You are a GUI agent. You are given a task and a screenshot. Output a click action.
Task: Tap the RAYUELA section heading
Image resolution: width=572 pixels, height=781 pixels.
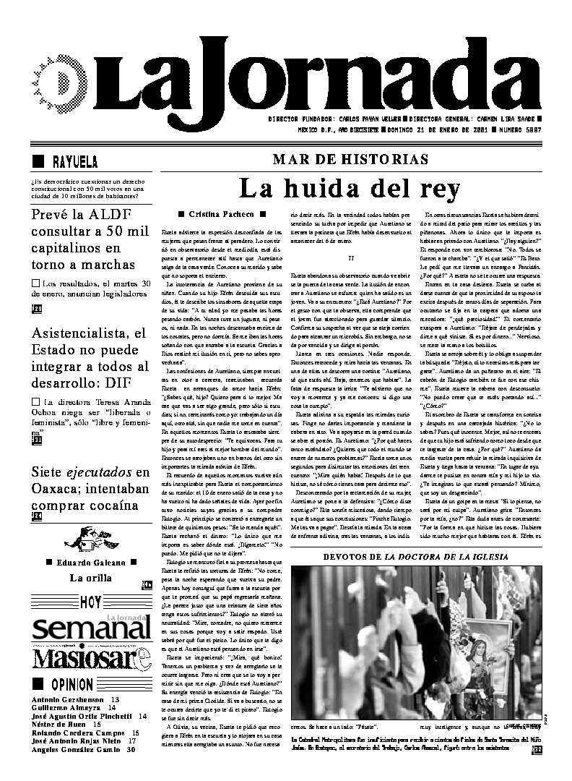74,161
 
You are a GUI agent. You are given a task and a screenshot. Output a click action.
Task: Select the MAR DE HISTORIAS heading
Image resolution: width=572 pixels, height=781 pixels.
350,160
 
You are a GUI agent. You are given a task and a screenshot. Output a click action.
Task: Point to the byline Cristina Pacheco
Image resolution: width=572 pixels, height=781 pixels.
221,214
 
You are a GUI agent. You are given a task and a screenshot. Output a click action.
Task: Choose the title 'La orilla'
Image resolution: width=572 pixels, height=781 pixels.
90,577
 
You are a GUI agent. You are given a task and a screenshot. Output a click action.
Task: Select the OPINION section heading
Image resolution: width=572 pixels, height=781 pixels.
71,685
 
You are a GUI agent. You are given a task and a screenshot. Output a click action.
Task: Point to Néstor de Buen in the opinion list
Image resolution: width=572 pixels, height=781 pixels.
57,724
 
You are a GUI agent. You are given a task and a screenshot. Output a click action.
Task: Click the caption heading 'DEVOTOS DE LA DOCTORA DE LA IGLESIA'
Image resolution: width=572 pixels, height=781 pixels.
415,557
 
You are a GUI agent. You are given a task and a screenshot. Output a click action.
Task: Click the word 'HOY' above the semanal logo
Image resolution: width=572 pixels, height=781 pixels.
91,602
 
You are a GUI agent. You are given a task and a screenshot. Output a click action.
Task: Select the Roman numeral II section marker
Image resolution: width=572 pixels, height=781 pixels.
350,257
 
